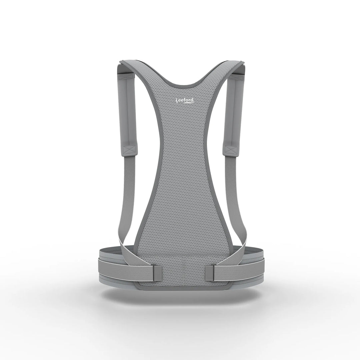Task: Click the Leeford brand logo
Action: (185, 101)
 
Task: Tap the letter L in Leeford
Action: (177, 100)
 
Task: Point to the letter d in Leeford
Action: (192, 100)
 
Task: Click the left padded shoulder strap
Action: (127, 113)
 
